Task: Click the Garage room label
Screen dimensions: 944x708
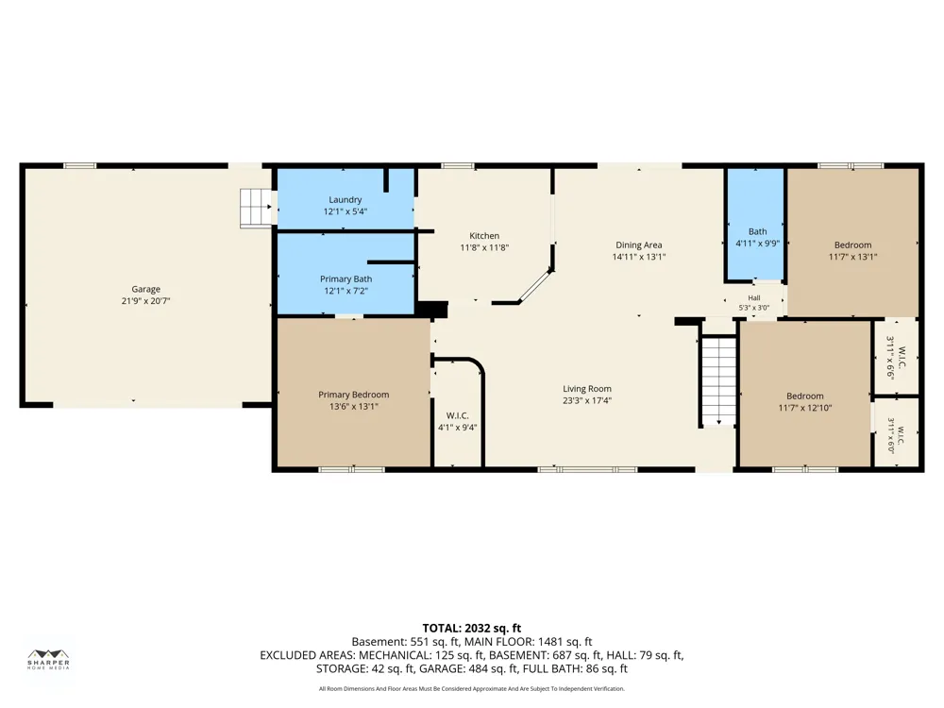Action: (x=145, y=290)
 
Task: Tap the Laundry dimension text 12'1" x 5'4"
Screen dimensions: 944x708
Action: (x=345, y=211)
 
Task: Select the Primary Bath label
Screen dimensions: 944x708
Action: (x=346, y=278)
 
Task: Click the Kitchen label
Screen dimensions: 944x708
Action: (x=484, y=235)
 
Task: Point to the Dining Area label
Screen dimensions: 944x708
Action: (x=638, y=245)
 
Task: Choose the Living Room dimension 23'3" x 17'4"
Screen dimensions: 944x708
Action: (x=587, y=400)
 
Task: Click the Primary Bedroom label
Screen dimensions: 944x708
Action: (x=353, y=395)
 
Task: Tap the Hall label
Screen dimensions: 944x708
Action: (x=753, y=298)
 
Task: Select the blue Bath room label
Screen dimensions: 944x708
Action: (x=757, y=231)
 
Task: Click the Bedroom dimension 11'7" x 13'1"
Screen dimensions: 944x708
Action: (x=852, y=257)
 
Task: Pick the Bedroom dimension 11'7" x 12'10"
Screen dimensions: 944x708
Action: (x=805, y=408)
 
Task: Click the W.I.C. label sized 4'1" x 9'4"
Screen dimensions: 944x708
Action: (x=458, y=415)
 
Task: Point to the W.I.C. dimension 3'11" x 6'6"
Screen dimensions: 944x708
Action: (x=890, y=358)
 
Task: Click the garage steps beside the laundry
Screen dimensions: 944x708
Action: (x=256, y=209)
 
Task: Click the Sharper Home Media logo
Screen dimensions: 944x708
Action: (x=49, y=660)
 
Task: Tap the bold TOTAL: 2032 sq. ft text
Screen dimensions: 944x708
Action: (x=471, y=629)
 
